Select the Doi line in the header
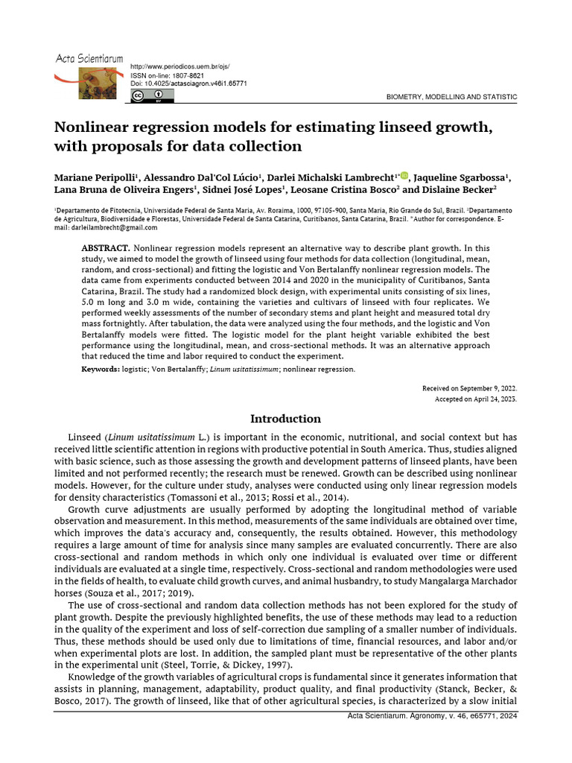188,83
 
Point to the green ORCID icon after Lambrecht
404,176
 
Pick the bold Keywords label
100,369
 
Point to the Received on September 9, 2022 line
469,388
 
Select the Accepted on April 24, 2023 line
475,399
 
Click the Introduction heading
285,419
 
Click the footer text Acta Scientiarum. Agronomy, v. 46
432,715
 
